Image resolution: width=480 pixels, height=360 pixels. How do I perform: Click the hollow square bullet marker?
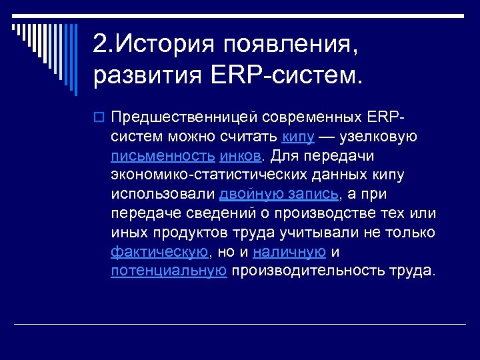99,117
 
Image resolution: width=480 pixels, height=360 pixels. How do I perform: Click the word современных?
312,117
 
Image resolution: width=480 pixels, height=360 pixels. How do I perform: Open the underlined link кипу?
298,137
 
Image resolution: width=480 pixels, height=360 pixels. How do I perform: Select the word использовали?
163,194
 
